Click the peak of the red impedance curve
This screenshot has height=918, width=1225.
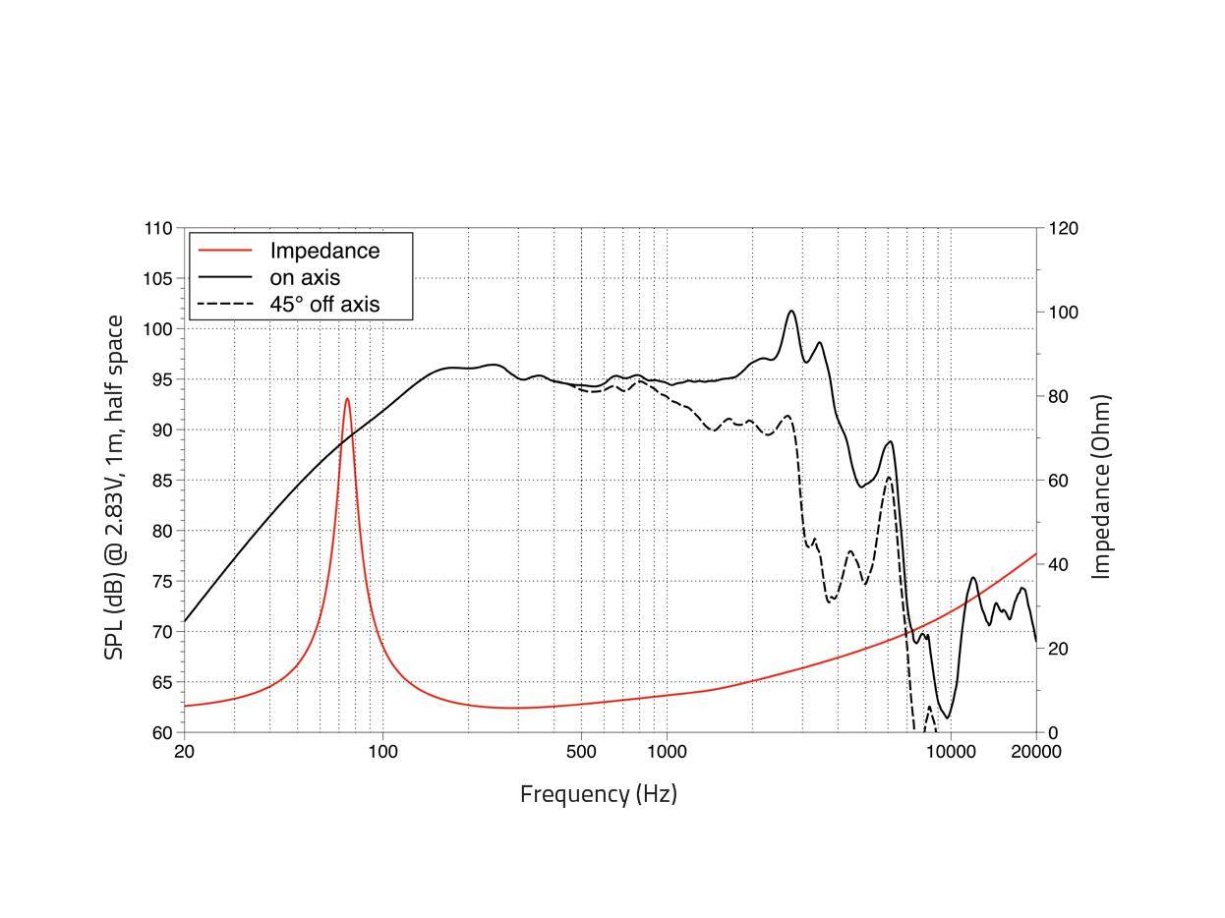[x=347, y=399]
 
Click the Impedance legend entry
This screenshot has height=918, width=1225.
[x=324, y=251]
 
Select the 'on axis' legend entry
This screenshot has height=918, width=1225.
[x=305, y=278]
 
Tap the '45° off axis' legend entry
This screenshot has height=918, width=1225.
[x=324, y=305]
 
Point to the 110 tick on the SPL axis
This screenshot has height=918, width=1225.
[x=157, y=228]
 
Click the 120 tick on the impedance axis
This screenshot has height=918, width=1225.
[x=1063, y=228]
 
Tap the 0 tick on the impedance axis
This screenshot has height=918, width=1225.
[x=1052, y=733]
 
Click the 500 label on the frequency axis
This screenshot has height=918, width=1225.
[x=581, y=752]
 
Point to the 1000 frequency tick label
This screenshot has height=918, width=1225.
[x=667, y=752]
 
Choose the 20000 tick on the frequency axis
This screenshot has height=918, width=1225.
[x=1036, y=752]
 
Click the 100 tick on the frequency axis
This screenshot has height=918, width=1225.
[x=382, y=752]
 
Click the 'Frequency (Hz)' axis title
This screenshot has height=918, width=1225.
[x=598, y=794]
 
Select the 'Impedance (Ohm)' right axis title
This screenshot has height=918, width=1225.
[x=1101, y=487]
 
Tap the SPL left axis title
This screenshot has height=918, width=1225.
[x=115, y=487]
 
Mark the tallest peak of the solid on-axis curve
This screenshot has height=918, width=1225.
[x=791, y=312]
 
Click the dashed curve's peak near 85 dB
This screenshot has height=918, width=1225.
[x=889, y=478]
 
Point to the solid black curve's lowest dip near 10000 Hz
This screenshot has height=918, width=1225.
[x=948, y=717]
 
